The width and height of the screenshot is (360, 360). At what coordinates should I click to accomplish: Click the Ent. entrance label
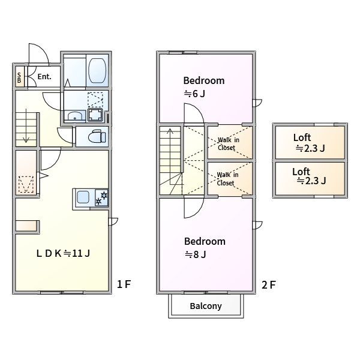tap(44, 76)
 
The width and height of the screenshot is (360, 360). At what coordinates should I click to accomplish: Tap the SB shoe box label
tap(19, 78)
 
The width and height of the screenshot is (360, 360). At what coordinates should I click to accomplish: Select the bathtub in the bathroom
tap(97, 70)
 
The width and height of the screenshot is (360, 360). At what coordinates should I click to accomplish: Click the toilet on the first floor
tap(97, 136)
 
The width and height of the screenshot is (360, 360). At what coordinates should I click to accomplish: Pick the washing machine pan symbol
tap(95, 115)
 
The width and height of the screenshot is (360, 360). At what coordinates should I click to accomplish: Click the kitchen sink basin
tap(83, 197)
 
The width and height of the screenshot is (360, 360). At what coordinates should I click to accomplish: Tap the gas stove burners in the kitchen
tap(102, 198)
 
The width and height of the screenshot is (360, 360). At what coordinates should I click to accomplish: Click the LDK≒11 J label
tap(63, 253)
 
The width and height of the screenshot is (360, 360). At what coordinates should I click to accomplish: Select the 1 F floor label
tap(124, 284)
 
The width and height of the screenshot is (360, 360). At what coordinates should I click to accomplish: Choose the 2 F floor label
tap(269, 285)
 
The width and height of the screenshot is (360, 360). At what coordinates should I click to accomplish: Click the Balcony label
tap(206, 306)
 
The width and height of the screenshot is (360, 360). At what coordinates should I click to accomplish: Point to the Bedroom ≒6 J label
tap(204, 87)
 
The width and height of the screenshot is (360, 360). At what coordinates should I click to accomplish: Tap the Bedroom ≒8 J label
tap(205, 248)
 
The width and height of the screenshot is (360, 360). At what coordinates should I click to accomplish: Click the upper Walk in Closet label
tap(229, 144)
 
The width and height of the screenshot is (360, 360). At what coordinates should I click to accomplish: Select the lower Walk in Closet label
tap(227, 179)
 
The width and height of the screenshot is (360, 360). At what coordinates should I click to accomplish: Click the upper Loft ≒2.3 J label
tap(309, 143)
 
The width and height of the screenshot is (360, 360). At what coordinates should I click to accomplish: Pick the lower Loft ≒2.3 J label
tap(309, 176)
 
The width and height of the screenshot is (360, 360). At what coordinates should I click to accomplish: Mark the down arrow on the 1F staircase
tap(26, 125)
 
